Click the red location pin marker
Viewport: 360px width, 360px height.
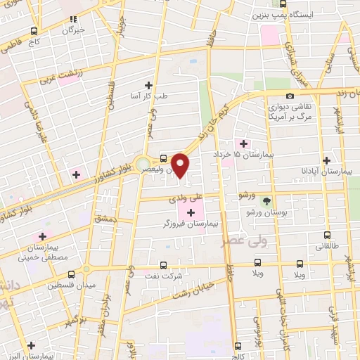click(x=181, y=165)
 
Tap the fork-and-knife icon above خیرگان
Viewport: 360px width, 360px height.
click(x=73, y=19)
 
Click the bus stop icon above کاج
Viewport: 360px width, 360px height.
click(x=34, y=32)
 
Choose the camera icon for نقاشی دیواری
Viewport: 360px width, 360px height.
click(x=290, y=96)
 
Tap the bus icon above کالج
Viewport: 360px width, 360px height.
click(x=237, y=345)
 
